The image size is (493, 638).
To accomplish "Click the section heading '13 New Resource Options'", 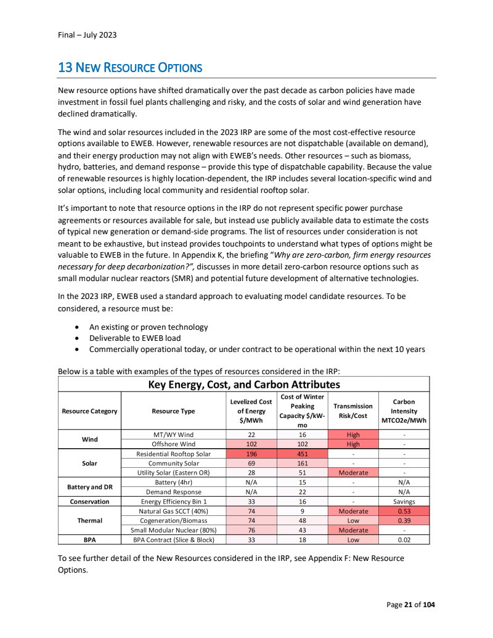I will click(130, 67).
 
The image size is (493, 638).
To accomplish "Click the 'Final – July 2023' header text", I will click(83, 35).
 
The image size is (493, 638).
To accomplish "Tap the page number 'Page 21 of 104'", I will click(410, 605).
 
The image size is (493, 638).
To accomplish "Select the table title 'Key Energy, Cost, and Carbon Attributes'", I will click(244, 384).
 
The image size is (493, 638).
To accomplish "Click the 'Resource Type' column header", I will click(173, 411).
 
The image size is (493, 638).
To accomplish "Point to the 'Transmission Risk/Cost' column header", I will click(352, 411).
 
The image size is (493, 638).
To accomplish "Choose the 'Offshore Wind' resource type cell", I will click(173, 444).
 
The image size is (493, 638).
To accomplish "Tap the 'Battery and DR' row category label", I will click(89, 487).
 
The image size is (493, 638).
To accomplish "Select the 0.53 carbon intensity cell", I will click(404, 511).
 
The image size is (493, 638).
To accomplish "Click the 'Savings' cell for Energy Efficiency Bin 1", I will click(404, 502).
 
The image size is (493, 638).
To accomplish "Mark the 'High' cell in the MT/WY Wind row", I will click(352, 435).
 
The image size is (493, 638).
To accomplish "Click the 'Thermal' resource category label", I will click(89, 520).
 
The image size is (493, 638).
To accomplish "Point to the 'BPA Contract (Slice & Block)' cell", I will click(173, 540).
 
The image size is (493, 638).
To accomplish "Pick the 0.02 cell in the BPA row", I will click(404, 540).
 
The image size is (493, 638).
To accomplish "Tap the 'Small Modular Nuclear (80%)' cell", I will click(173, 530).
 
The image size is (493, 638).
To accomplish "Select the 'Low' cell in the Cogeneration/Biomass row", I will click(352, 521).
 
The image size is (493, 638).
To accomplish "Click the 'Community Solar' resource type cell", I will click(173, 463).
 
